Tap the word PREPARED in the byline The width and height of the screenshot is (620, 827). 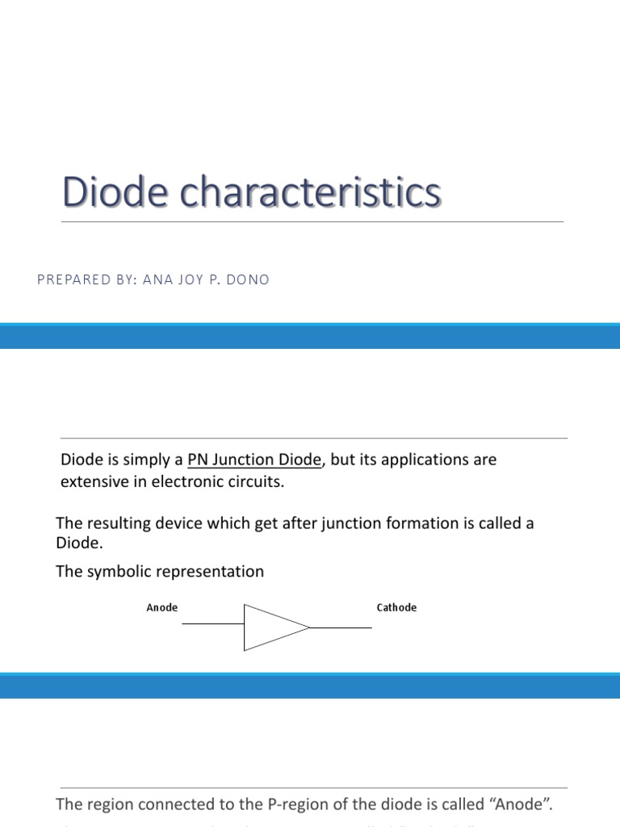68,279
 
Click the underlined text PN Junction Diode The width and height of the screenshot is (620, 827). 255,460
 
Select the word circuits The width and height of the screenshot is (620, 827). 258,482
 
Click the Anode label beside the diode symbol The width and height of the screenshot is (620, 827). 162,607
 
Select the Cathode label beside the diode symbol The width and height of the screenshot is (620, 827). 396,607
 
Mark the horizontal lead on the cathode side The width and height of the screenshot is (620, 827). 341,628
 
